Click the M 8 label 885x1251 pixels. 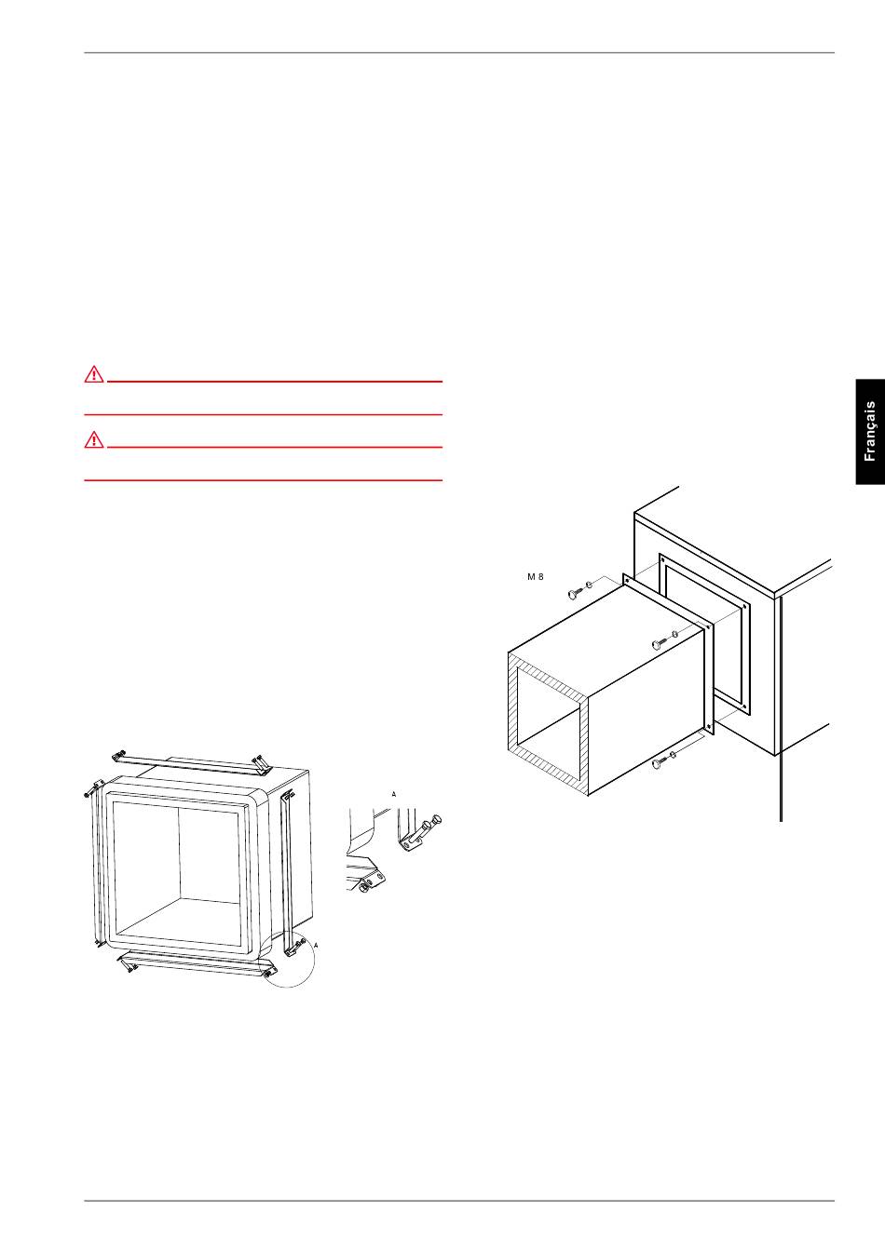(535, 576)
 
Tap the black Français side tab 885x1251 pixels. (870, 432)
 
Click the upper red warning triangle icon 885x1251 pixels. (94, 373)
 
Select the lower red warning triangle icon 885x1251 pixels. (94, 439)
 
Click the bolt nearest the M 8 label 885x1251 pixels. (574, 594)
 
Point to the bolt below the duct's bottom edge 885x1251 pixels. (660, 763)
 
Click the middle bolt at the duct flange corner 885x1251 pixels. (660, 643)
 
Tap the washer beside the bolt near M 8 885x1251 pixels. (589, 585)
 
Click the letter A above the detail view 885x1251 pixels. (393, 794)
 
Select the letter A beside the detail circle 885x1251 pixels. (316, 946)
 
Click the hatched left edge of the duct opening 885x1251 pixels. (512, 701)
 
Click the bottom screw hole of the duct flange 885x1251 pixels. (709, 726)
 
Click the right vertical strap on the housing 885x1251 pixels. (287, 872)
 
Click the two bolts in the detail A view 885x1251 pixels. (427, 826)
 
